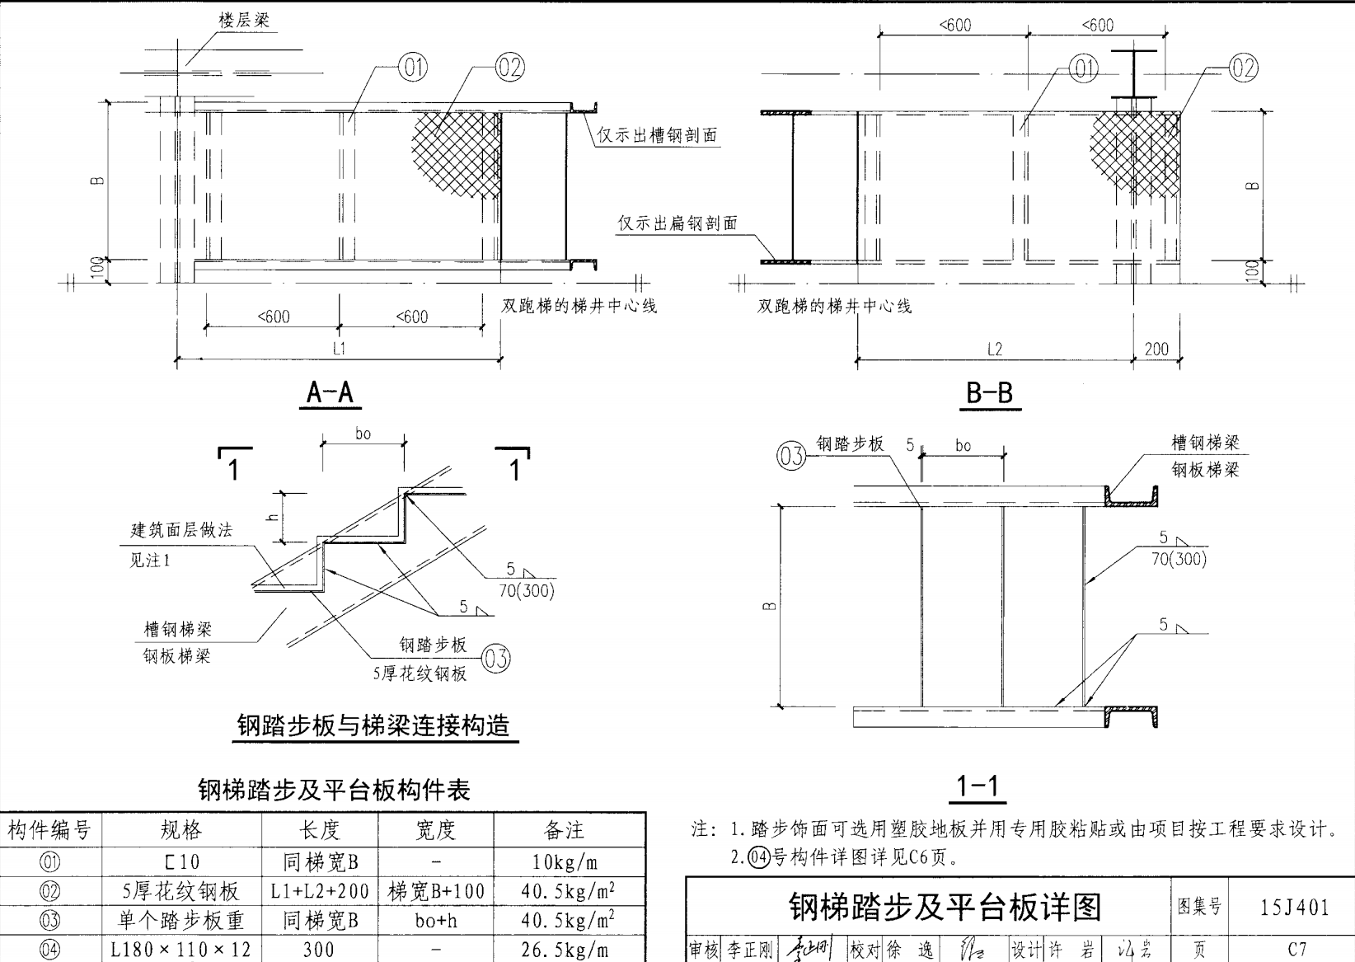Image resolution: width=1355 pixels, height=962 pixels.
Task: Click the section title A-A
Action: pyautogui.click(x=330, y=392)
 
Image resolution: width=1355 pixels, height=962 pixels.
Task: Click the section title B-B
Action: pyautogui.click(x=989, y=392)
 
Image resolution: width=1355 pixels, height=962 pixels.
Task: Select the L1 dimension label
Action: pyautogui.click(x=339, y=348)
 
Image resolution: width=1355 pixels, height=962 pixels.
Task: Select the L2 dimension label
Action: pyautogui.click(x=995, y=349)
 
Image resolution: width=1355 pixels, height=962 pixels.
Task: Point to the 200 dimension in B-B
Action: pyautogui.click(x=1156, y=349)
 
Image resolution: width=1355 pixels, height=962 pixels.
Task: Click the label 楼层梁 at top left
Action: pyautogui.click(x=244, y=20)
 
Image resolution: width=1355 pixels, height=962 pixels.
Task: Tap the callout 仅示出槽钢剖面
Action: pyautogui.click(x=657, y=135)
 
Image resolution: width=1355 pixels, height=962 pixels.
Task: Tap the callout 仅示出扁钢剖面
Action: pyautogui.click(x=677, y=223)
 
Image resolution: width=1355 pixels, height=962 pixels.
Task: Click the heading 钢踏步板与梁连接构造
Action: pyautogui.click(x=373, y=725)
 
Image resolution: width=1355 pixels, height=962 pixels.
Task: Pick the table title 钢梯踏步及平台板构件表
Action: pyautogui.click(x=334, y=791)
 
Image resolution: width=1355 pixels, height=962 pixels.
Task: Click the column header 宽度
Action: pyautogui.click(x=434, y=829)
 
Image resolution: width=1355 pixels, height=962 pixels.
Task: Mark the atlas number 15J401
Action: pyautogui.click(x=1295, y=908)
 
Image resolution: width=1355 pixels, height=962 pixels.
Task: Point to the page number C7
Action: pyautogui.click(x=1296, y=949)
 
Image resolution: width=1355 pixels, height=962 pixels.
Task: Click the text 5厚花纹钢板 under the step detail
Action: pyautogui.click(x=420, y=673)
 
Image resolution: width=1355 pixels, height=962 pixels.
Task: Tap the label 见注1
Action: pyautogui.click(x=150, y=561)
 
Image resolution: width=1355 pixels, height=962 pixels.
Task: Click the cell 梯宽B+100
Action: pyautogui.click(x=435, y=891)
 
